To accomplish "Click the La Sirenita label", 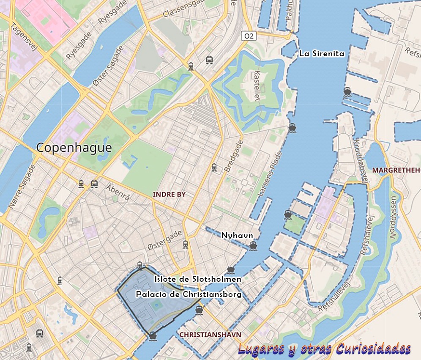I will pyautogui.click(x=322, y=54).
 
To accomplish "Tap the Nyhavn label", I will pyautogui.click(x=237, y=235).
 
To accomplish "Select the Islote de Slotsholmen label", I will pyautogui.click(x=198, y=279).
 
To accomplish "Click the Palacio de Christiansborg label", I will pyautogui.click(x=189, y=294).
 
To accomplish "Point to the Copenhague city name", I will pyautogui.click(x=74, y=148).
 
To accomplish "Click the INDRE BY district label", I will pyautogui.click(x=169, y=194).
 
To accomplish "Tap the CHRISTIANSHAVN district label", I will pyautogui.click(x=210, y=335).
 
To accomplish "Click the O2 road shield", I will pyautogui.click(x=249, y=36).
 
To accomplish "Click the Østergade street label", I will pyautogui.click(x=165, y=240).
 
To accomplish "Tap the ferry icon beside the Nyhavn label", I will pyautogui.click(x=253, y=245).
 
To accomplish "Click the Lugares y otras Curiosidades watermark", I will pyautogui.click(x=324, y=349).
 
